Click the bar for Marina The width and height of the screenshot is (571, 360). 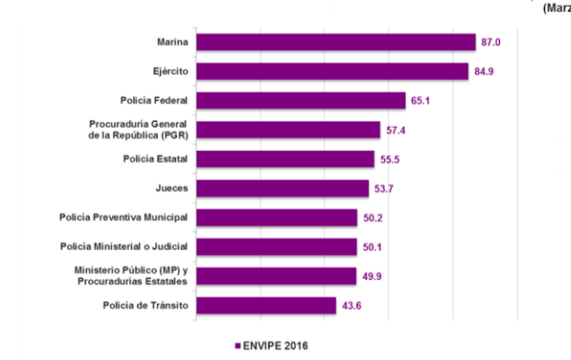pos(336,42)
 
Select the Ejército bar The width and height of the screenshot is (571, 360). pos(332,71)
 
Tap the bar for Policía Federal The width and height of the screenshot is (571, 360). pos(301,100)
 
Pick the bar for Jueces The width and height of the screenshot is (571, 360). pos(282,189)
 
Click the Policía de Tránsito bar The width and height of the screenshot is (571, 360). pos(266,305)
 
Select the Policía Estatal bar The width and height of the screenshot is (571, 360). pos(285,159)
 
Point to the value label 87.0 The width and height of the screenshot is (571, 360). pos(490,42)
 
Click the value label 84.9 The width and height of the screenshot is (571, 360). pos(483,71)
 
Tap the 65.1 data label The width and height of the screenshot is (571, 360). pos(421,100)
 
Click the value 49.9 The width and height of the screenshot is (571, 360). pos(371,276)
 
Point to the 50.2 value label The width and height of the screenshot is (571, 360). pos(372,218)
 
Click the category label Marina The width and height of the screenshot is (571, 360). pos(172,42)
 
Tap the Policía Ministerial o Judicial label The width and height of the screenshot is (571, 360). pos(124,247)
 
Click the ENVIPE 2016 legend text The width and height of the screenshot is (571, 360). pos(275,345)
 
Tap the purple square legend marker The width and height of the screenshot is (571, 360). pos(238,346)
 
